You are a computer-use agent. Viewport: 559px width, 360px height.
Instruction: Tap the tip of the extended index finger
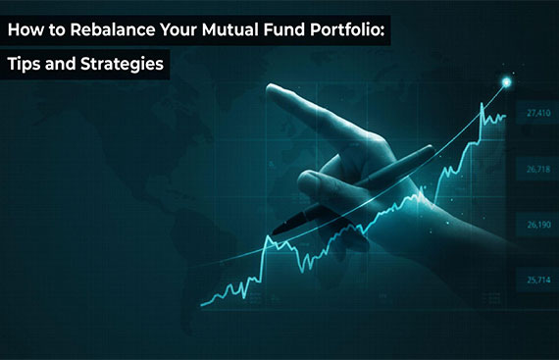pyautogui.click(x=273, y=90)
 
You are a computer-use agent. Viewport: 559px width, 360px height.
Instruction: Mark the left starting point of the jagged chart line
pyautogui.click(x=200, y=303)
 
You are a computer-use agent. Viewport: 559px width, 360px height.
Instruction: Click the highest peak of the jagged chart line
pyautogui.click(x=482, y=104)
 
